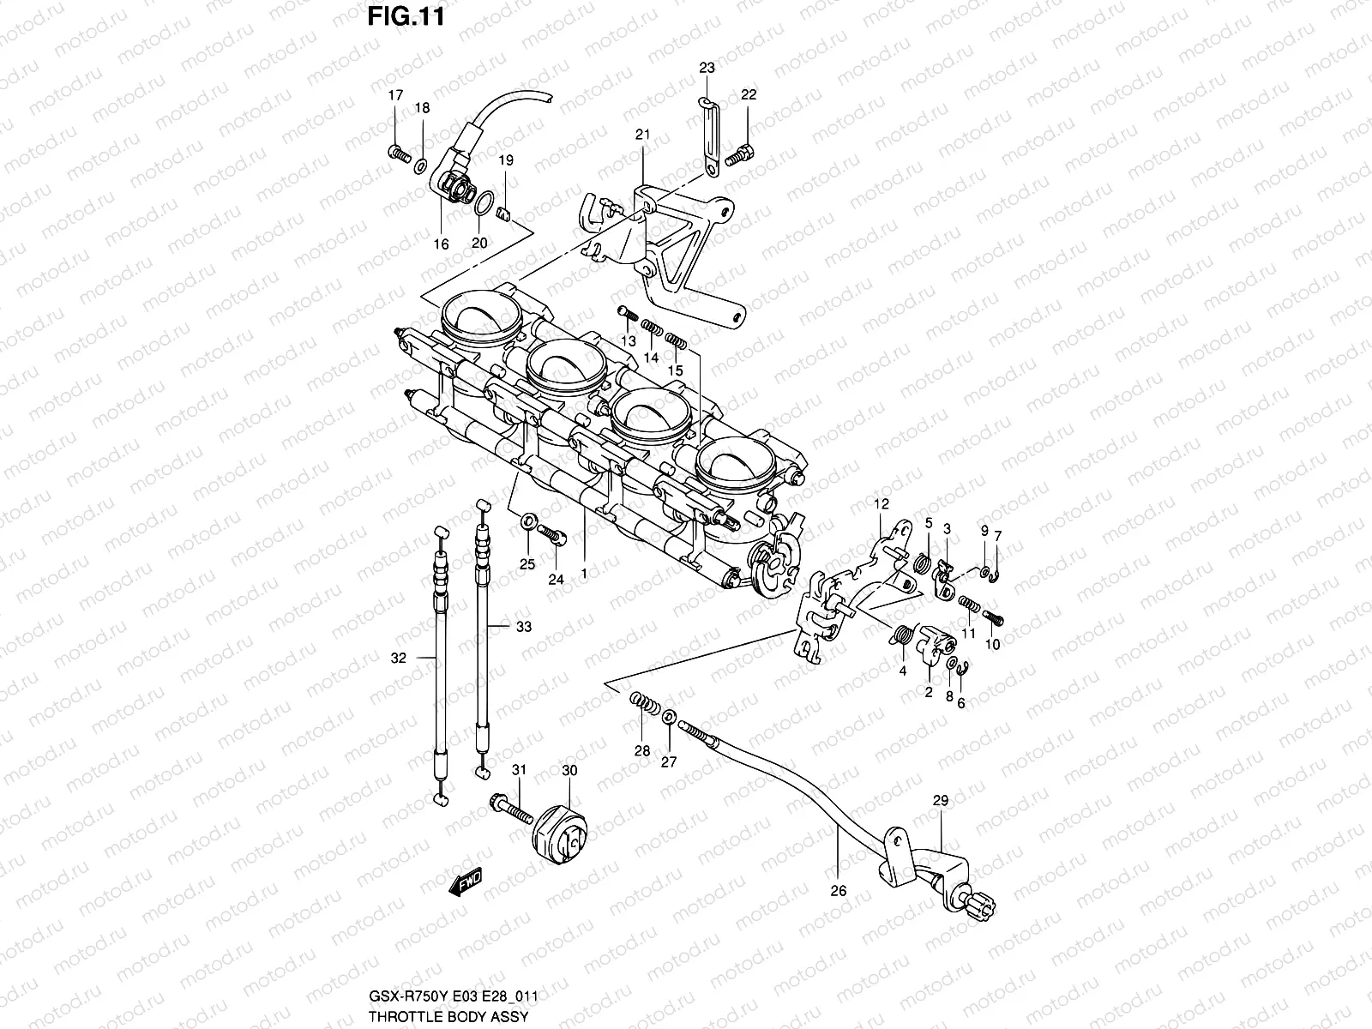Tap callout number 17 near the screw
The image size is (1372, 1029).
tap(395, 96)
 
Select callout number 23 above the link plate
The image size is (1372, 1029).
tap(706, 68)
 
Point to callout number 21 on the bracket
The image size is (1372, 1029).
tap(643, 135)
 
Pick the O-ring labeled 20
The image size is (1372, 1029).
tap(484, 205)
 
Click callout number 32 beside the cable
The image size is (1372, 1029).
tap(398, 659)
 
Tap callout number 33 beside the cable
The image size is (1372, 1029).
tap(523, 627)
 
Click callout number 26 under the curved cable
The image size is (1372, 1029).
tap(839, 891)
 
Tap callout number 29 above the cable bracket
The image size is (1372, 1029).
tap(941, 800)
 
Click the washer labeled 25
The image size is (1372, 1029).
tap(529, 521)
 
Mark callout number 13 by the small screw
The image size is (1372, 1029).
tap(629, 340)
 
